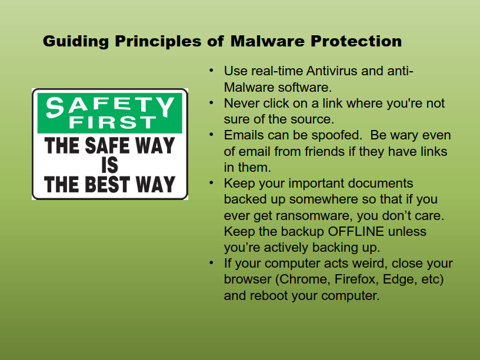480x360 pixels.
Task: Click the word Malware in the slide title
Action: (267, 41)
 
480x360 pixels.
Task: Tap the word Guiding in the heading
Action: (76, 42)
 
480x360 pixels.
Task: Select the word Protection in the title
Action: (356, 41)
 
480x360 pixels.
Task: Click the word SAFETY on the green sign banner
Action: (110, 106)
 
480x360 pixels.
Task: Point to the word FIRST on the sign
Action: (113, 122)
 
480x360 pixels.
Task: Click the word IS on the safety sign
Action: (109, 165)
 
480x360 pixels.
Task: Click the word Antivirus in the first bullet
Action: (332, 71)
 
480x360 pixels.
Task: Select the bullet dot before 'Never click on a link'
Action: (211, 103)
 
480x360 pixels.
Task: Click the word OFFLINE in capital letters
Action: (356, 231)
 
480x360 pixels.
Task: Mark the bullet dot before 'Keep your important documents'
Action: (211, 183)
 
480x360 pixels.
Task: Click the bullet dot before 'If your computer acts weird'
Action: (211, 263)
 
